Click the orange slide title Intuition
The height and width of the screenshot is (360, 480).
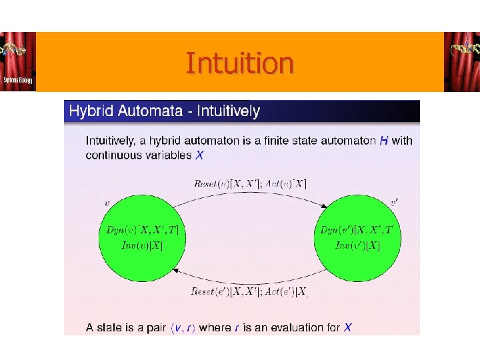pos(239,63)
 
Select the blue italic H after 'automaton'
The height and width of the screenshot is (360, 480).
pos(383,141)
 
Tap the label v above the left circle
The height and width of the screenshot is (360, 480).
pos(107,201)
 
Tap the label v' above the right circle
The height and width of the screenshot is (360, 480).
pos(395,200)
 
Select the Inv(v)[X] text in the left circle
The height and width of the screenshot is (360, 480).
pos(141,246)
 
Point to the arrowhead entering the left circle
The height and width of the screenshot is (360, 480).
pos(176,271)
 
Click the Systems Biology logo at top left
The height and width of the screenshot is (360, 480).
pos(18,62)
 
